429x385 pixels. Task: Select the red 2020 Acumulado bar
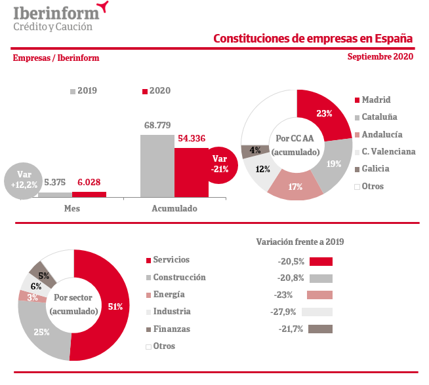(x=191, y=172)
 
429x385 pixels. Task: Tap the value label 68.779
(x=157, y=124)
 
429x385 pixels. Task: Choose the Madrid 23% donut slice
(x=321, y=114)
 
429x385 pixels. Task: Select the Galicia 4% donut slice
(x=253, y=151)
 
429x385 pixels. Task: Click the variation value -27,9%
(x=287, y=312)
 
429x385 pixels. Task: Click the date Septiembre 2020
(x=380, y=57)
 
